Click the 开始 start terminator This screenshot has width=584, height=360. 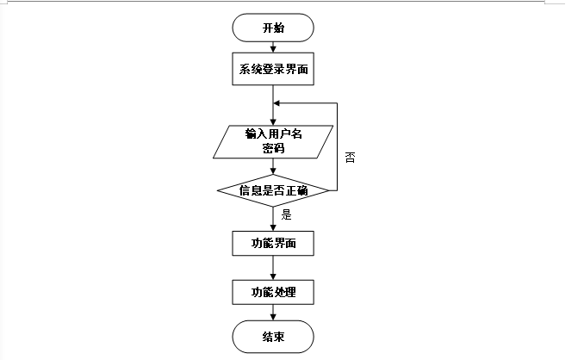273,28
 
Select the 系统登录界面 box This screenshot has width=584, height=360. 273,70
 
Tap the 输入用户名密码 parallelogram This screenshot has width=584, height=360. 273,141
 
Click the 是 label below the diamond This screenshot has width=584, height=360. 287,215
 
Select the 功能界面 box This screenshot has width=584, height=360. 273,243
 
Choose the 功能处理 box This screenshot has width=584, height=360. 273,292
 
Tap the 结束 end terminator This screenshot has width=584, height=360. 273,336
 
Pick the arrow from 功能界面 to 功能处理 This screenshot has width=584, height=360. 273,267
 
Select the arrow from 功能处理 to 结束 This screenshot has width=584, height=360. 273,313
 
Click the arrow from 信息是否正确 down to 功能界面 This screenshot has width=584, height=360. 273,218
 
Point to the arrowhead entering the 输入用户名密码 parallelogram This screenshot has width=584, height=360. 273,123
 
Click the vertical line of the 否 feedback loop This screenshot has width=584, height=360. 336,146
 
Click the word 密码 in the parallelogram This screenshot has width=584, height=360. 273,148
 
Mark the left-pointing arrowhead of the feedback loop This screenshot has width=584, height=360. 277,102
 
